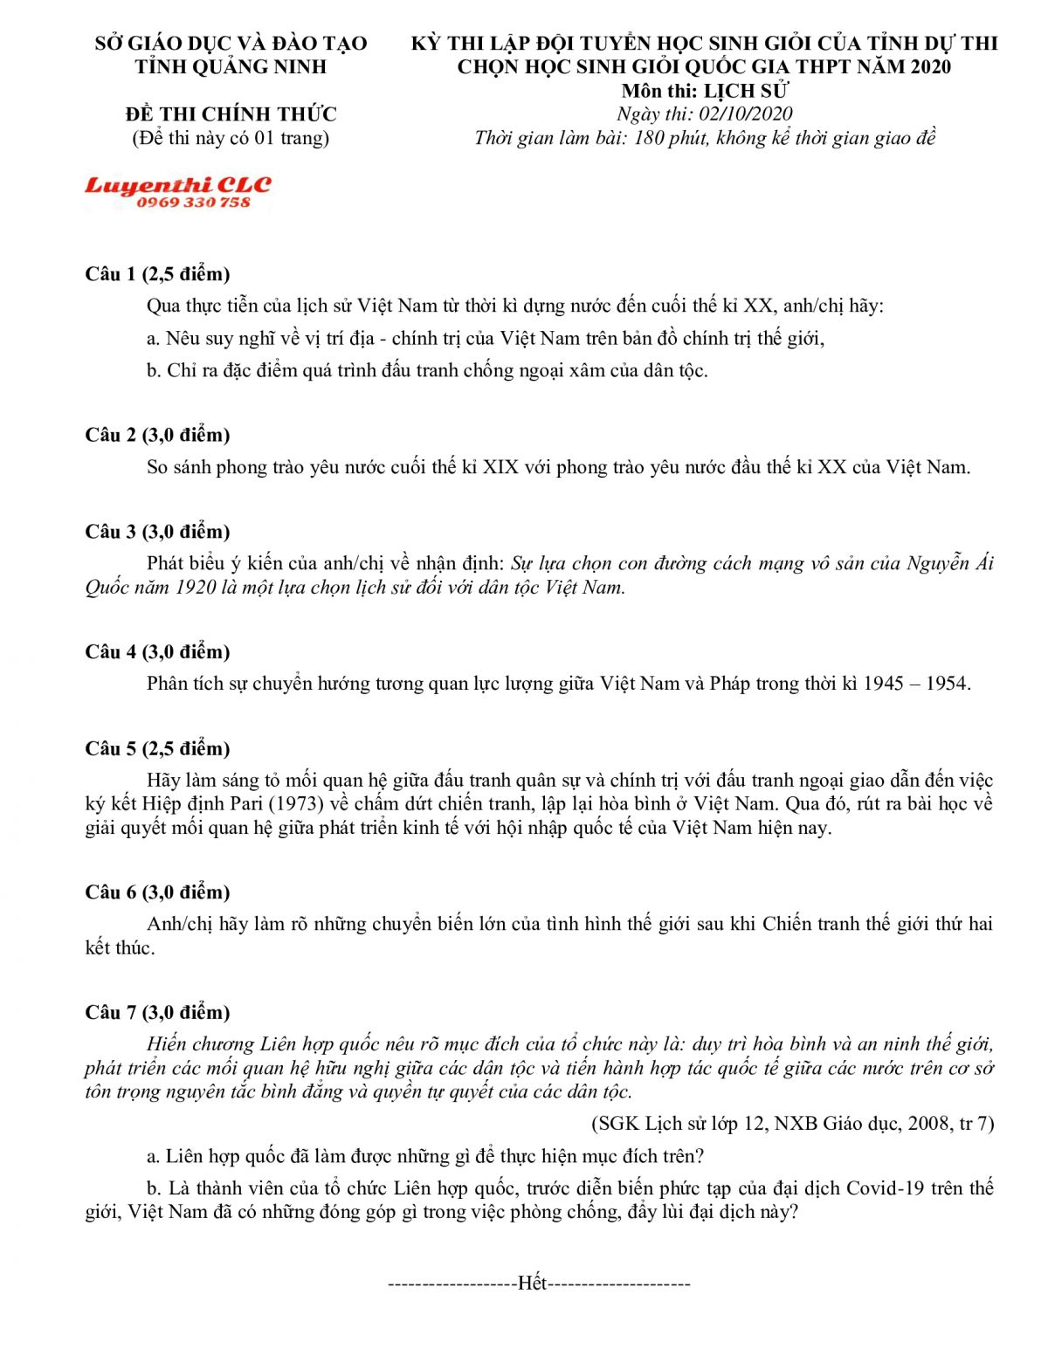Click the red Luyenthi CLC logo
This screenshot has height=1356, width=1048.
click(178, 185)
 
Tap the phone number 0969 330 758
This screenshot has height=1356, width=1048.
click(193, 203)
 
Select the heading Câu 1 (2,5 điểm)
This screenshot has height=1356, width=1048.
click(157, 274)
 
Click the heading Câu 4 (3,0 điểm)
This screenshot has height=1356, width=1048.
click(157, 651)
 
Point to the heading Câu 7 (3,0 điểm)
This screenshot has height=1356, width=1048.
click(157, 1012)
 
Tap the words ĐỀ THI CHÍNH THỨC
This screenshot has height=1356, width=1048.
click(231, 114)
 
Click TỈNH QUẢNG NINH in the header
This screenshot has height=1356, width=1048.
click(231, 66)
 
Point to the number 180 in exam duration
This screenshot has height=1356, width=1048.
click(649, 138)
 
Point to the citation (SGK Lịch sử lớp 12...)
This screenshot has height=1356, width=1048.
click(793, 1124)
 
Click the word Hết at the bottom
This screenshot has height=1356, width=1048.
click(532, 1283)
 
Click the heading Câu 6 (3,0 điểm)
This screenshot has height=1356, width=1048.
click(157, 891)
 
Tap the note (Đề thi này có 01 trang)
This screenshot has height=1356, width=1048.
click(231, 138)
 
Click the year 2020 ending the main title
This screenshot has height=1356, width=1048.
click(928, 66)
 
